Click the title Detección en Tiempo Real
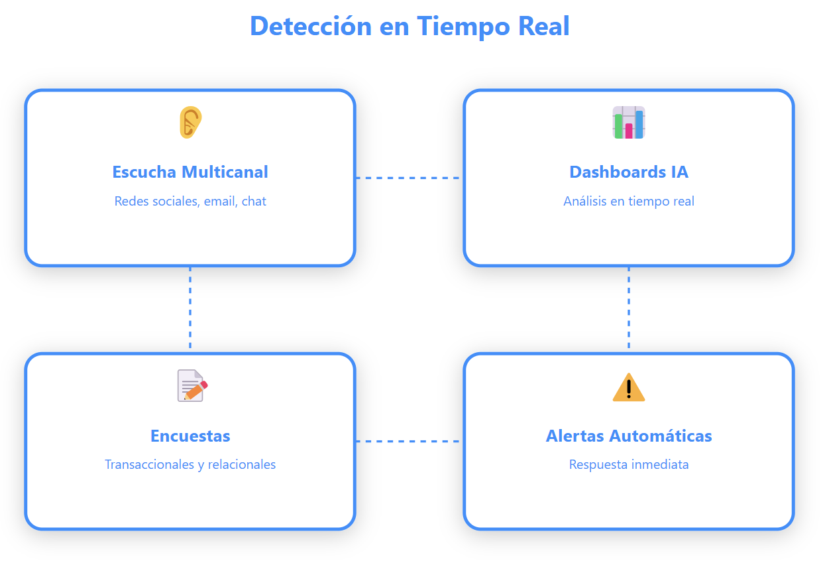click(x=410, y=27)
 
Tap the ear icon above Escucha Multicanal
click(x=190, y=123)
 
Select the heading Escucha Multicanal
click(x=190, y=172)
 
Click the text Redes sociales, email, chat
click(x=190, y=201)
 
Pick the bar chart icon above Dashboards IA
click(x=628, y=123)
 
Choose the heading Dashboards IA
click(x=628, y=172)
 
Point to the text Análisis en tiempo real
click(x=628, y=201)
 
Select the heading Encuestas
click(x=190, y=436)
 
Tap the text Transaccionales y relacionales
click(x=190, y=464)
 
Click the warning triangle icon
click(x=628, y=387)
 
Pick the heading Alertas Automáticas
click(x=628, y=436)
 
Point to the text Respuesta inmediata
click(x=628, y=464)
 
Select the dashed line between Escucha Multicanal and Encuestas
click(x=190, y=309)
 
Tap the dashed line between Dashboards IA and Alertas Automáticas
click(x=628, y=309)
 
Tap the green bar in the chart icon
click(x=618, y=127)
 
